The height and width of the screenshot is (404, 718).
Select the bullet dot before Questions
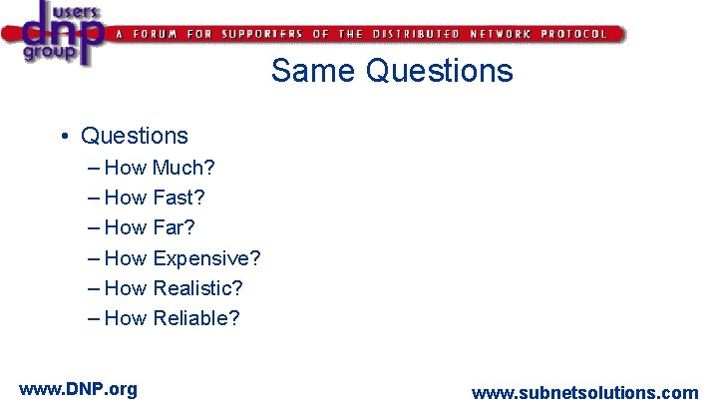(63, 136)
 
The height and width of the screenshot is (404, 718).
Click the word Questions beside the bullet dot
(135, 136)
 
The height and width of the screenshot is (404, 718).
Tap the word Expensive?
(206, 258)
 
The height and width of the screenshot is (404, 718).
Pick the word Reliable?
(196, 318)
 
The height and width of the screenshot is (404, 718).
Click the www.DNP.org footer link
(78, 389)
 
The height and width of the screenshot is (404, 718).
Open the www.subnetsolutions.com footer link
(584, 393)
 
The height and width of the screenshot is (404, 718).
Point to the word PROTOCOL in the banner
(573, 34)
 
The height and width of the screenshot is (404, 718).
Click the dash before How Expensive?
(95, 259)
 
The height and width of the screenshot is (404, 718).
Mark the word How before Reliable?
(126, 318)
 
